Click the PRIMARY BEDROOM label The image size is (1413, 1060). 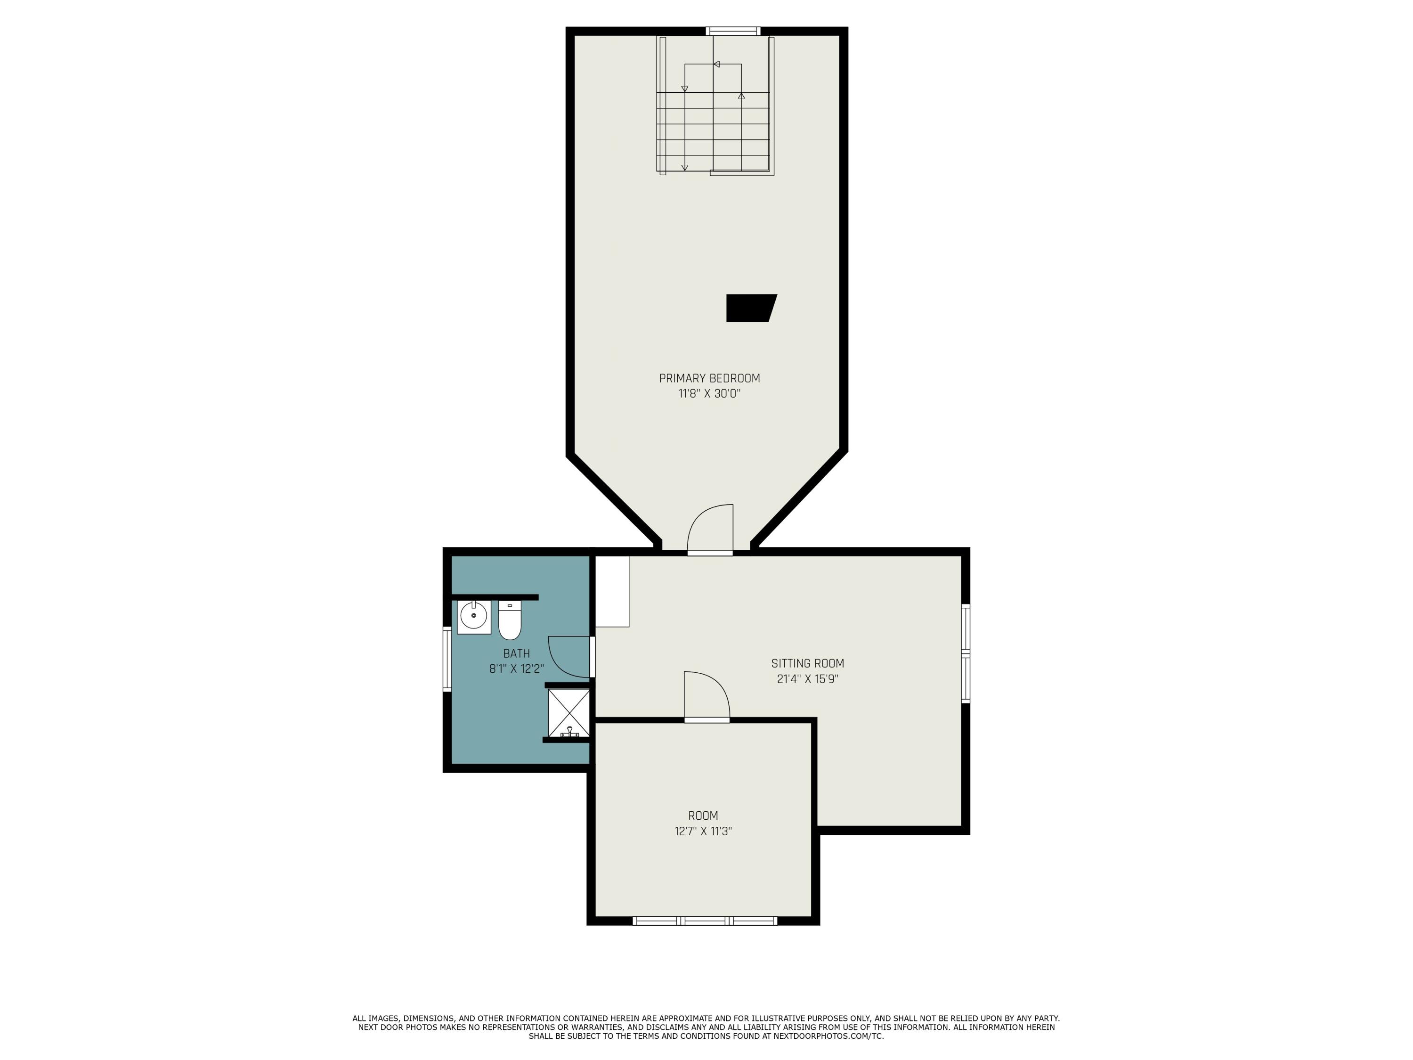[709, 378]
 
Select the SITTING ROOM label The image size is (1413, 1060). [807, 663]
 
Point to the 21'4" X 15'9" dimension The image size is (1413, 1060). [807, 679]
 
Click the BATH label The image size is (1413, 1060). [516, 653]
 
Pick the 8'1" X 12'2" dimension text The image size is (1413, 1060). [516, 669]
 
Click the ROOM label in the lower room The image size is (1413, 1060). [703, 815]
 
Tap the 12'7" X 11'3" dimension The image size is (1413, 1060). [703, 831]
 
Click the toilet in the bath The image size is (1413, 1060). [509, 620]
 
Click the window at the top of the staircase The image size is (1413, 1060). [733, 31]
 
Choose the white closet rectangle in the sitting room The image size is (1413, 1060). [612, 591]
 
